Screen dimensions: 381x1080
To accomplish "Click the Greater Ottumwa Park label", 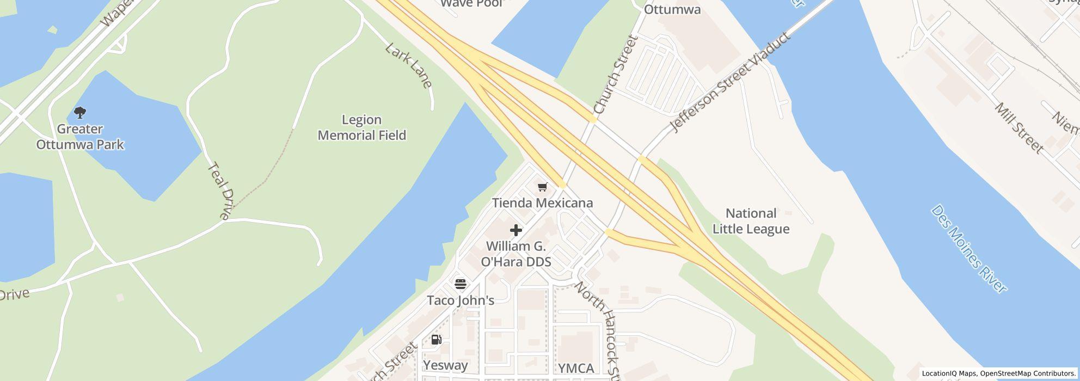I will point(80,137).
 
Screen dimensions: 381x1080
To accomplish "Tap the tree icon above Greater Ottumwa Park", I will point(80,113).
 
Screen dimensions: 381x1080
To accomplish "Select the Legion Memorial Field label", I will point(362,127).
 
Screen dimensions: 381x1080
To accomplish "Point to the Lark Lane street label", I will point(409,65).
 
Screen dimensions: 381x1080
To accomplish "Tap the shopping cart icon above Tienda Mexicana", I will point(542,187).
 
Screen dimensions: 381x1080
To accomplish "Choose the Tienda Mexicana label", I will point(542,203).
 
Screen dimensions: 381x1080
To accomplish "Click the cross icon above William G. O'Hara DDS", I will point(516,230).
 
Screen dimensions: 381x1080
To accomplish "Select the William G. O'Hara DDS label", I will point(516,254).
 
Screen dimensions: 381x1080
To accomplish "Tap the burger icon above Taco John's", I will point(461,284).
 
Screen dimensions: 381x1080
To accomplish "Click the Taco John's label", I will point(461,300).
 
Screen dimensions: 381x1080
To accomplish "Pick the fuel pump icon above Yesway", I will point(436,340).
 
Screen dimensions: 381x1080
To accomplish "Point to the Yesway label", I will point(445,365).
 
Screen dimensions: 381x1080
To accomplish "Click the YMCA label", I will point(576,368).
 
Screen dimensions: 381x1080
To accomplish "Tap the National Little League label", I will point(751,221).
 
